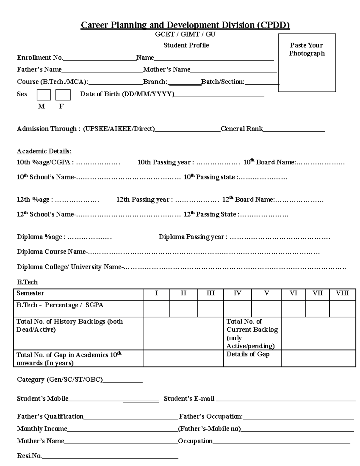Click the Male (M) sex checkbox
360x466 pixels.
click(x=44, y=95)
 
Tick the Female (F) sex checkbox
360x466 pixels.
click(x=63, y=95)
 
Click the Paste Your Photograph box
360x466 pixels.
click(x=307, y=62)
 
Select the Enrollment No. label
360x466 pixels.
click(x=40, y=58)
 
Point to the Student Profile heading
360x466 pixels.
click(x=186, y=45)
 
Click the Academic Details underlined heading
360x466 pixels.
click(x=44, y=151)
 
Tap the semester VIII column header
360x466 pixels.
click(x=342, y=293)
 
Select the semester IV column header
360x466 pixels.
click(x=237, y=293)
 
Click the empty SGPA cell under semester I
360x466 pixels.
click(x=156, y=308)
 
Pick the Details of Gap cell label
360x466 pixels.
click(x=248, y=354)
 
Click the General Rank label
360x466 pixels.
click(x=241, y=129)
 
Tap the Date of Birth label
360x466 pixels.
click(x=127, y=94)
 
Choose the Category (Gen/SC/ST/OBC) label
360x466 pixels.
click(x=60, y=380)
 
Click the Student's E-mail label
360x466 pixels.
click(x=189, y=399)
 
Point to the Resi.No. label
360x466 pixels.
click(x=29, y=456)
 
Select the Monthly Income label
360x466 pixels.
click(x=42, y=429)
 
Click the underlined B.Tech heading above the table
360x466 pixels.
click(x=27, y=282)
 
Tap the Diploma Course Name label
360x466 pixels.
click(x=51, y=252)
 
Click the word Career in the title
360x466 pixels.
click(x=94, y=25)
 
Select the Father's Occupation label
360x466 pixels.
click(x=211, y=416)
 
